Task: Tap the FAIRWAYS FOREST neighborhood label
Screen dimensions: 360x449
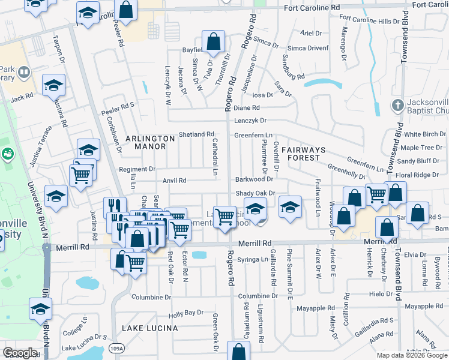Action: click(303, 153)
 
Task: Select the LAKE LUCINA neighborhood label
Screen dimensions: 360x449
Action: click(149, 328)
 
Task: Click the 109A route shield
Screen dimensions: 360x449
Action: click(118, 349)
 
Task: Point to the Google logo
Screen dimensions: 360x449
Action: click(20, 352)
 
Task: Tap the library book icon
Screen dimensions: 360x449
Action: click(23, 73)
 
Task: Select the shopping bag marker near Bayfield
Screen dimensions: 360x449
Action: click(213, 42)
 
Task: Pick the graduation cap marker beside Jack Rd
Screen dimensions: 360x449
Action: click(53, 85)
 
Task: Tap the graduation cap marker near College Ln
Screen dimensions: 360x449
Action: click(40, 309)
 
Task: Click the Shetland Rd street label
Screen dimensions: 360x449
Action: click(196, 134)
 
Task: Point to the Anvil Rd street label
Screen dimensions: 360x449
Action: click(174, 181)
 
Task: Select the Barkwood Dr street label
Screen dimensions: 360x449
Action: click(254, 179)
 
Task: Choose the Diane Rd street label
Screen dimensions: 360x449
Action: click(246, 108)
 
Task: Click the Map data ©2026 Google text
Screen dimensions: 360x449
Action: click(411, 355)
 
